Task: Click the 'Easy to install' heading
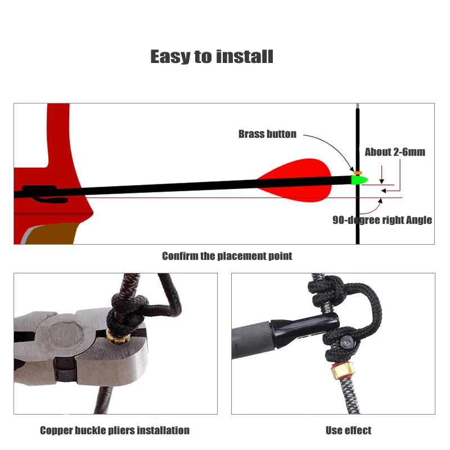click(212, 57)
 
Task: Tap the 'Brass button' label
click(267, 134)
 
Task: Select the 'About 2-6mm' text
click(395, 152)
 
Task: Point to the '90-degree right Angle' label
click(382, 220)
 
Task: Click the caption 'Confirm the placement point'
click(227, 256)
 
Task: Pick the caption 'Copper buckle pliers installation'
click(115, 430)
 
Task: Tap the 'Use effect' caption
click(348, 430)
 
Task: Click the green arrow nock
click(359, 180)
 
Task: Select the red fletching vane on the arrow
click(294, 180)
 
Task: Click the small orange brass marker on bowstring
click(358, 173)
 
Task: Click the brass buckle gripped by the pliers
click(118, 336)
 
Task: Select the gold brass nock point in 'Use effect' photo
click(343, 371)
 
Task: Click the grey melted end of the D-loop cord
click(347, 343)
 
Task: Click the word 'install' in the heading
click(245, 57)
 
